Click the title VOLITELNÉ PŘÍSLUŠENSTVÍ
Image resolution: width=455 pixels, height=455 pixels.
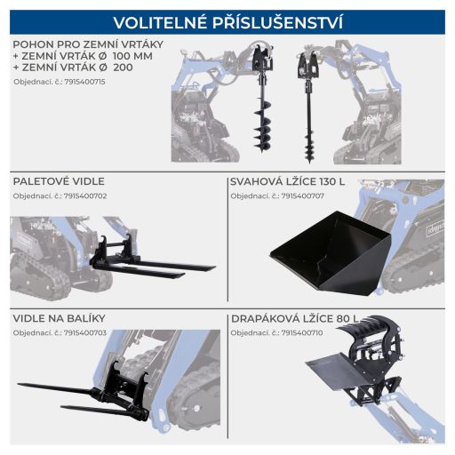227,22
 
